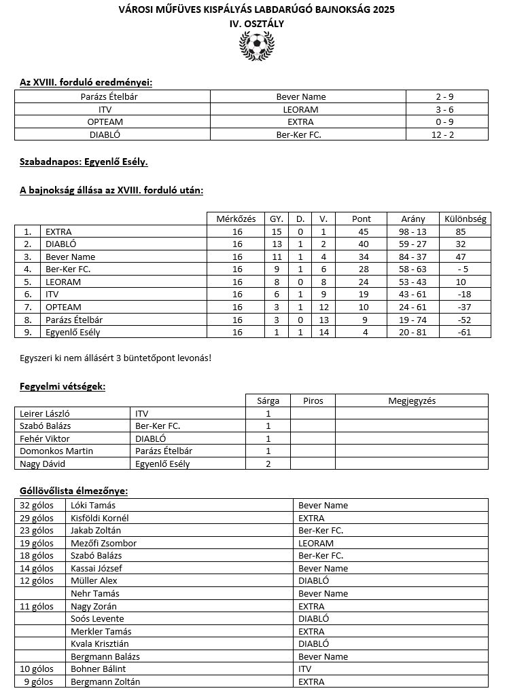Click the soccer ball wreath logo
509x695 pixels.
coord(257,47)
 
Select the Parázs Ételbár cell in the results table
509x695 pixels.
coord(113,96)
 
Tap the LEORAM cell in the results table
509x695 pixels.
coord(300,109)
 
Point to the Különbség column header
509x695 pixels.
coord(465,219)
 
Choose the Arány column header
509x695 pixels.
coord(413,219)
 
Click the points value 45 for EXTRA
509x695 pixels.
coord(362,231)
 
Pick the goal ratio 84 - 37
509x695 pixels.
coord(413,257)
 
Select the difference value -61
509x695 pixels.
coord(465,332)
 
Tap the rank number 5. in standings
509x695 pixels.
coord(28,282)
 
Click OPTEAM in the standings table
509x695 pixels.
coord(59,307)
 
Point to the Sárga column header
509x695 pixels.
coord(268,400)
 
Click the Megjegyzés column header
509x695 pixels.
coord(412,400)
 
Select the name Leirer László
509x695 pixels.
coord(45,413)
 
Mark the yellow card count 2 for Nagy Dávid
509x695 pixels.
coord(268,464)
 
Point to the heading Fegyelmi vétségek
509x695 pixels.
coord(62,386)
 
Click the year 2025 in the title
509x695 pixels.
coord(383,10)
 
